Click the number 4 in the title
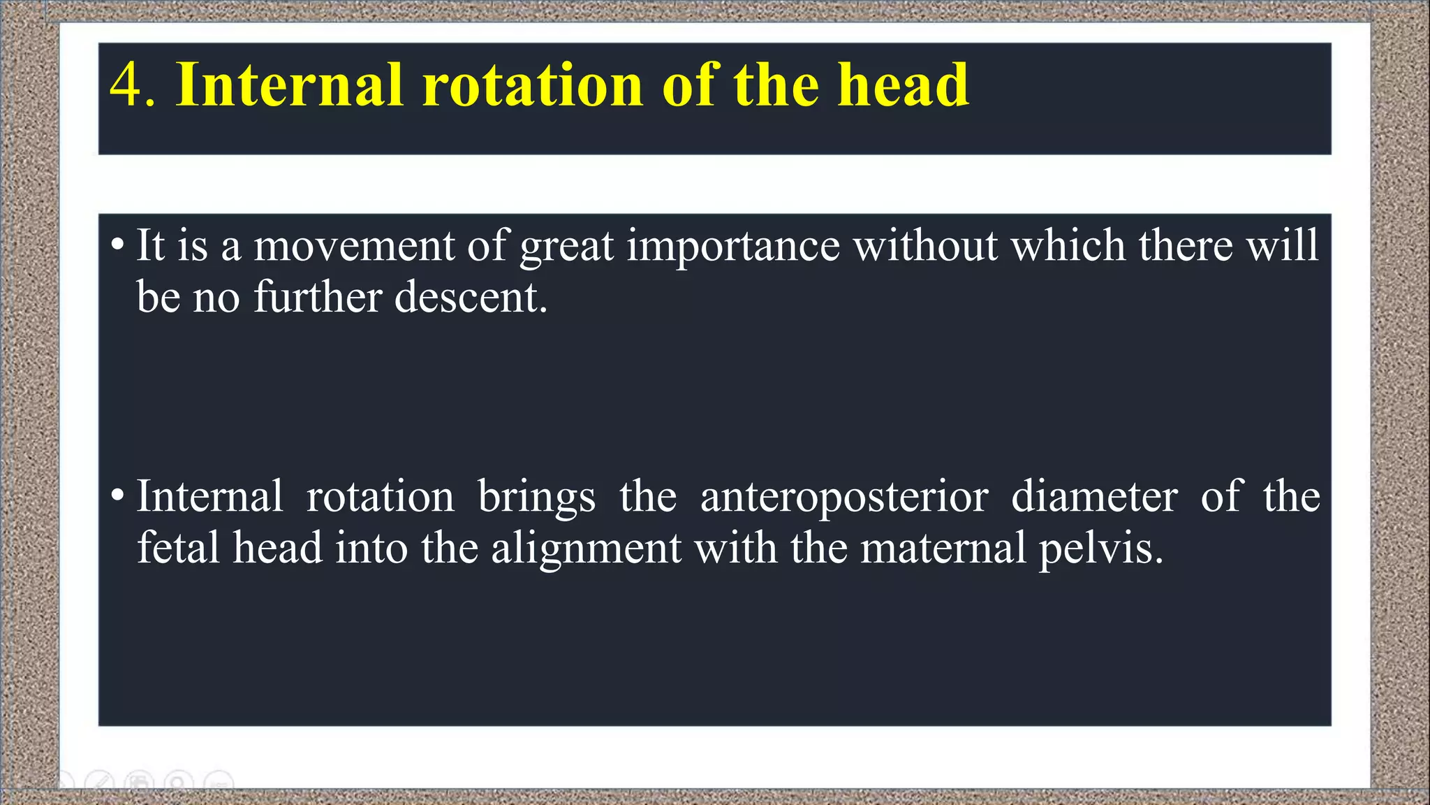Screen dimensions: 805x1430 [126, 85]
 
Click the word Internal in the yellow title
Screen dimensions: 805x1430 [289, 85]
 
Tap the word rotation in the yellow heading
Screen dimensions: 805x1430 [532, 85]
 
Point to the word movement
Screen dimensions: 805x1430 [354, 246]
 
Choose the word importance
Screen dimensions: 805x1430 [733, 246]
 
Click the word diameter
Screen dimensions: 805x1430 [1094, 496]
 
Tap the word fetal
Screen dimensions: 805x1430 [178, 547]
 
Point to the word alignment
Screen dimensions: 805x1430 [586, 549]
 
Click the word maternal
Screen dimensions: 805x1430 [943, 547]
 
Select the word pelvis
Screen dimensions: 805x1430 [1100, 549]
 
